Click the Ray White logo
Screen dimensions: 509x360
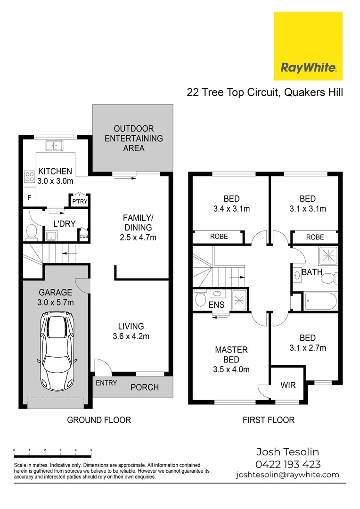point(308,46)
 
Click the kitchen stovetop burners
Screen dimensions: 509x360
point(29,177)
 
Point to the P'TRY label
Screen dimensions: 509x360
point(79,202)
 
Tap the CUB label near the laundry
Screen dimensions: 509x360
point(84,236)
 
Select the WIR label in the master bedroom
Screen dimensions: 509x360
point(288,385)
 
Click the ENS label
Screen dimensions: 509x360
point(216,305)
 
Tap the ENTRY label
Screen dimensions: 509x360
point(106,383)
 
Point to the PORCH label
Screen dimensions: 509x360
point(144,387)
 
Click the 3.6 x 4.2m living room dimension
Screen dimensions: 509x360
point(131,336)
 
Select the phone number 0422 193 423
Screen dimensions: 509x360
point(288,464)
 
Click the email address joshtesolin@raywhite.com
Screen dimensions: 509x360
point(287,475)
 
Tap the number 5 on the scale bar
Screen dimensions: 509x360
point(90,450)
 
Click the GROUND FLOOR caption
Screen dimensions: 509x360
point(99,419)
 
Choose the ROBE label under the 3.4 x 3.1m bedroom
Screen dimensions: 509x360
point(219,236)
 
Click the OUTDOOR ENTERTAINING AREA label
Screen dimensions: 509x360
point(134,138)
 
